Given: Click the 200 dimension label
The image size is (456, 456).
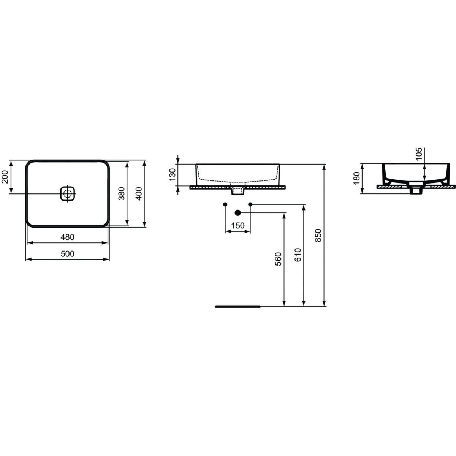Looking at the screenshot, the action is (5, 177).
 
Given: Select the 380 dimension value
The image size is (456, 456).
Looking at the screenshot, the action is (121, 193).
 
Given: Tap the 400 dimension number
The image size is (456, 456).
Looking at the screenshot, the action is (139, 193).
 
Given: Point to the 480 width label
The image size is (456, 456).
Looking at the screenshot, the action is (68, 237).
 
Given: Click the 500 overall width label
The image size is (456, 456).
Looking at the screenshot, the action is (68, 254).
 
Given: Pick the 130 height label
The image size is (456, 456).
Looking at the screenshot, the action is (173, 175).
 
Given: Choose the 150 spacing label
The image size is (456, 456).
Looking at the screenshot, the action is (237, 226).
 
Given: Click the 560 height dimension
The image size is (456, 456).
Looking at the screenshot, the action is (279, 259).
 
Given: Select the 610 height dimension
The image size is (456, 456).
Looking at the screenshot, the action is (298, 255).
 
